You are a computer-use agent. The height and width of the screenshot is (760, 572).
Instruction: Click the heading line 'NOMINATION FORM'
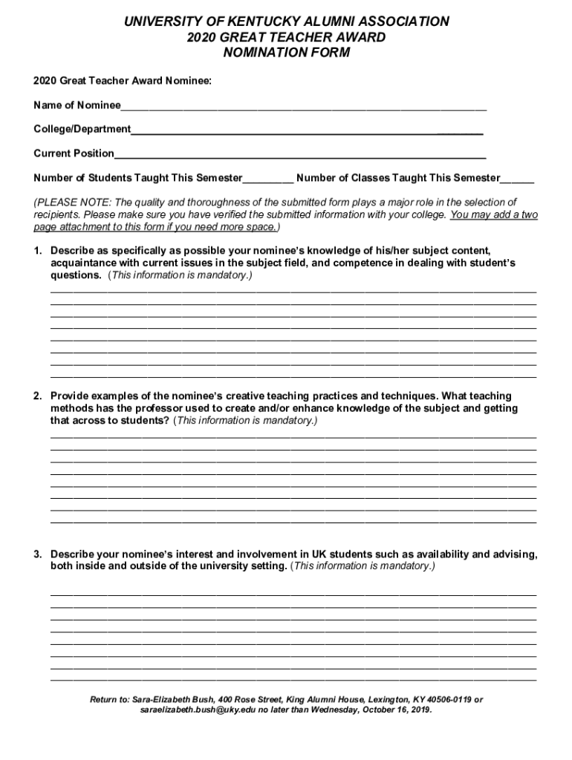pos(286,53)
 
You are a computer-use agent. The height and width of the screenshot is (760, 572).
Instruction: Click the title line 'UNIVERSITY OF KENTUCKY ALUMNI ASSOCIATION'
pos(286,22)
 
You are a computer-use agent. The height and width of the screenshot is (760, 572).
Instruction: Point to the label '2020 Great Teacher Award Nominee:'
pos(123,80)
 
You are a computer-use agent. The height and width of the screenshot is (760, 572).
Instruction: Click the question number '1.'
pos(38,251)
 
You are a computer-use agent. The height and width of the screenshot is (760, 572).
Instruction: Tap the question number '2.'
pos(38,396)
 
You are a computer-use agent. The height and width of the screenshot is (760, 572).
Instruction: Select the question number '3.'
pos(38,554)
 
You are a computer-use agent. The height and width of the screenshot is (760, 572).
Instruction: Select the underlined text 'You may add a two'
pos(494,214)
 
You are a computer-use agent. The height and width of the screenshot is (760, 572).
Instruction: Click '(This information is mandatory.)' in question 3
pos(363,566)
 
